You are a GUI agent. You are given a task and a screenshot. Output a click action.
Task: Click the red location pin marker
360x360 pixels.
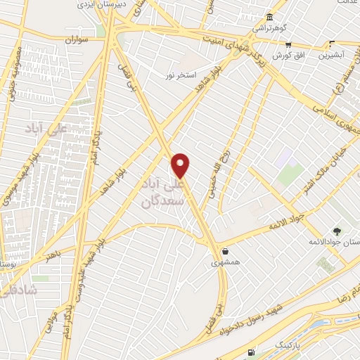point(181,165)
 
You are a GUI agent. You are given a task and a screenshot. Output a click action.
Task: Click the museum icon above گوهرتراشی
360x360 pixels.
point(269,18)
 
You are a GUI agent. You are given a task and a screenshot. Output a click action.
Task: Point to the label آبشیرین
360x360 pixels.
point(332,54)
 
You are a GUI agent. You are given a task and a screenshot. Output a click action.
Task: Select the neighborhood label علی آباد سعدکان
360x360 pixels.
point(162,191)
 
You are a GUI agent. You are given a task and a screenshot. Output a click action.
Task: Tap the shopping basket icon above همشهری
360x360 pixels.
point(224,250)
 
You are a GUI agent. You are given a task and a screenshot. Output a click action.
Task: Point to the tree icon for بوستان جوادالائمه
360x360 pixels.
point(336,230)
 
